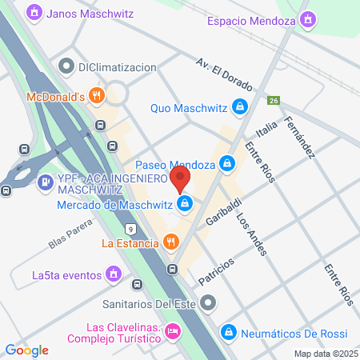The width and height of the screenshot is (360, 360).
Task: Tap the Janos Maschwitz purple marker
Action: (x=34, y=13)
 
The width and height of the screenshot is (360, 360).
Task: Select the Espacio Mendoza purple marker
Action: (x=309, y=18)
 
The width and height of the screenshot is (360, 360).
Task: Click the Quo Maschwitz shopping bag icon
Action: (x=238, y=106)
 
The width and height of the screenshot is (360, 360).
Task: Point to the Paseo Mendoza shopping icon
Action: (x=228, y=164)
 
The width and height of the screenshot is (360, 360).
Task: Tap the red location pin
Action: (x=182, y=178)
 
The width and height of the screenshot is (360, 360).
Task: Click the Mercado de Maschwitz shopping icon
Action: (x=186, y=204)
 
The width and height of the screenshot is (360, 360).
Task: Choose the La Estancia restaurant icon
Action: (x=170, y=241)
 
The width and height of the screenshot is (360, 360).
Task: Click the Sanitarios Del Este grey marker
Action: (x=209, y=303)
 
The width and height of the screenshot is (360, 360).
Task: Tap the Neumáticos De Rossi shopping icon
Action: (x=229, y=331)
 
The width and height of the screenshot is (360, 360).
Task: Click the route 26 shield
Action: (x=274, y=101)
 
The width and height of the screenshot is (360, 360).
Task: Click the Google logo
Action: (x=27, y=350)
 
